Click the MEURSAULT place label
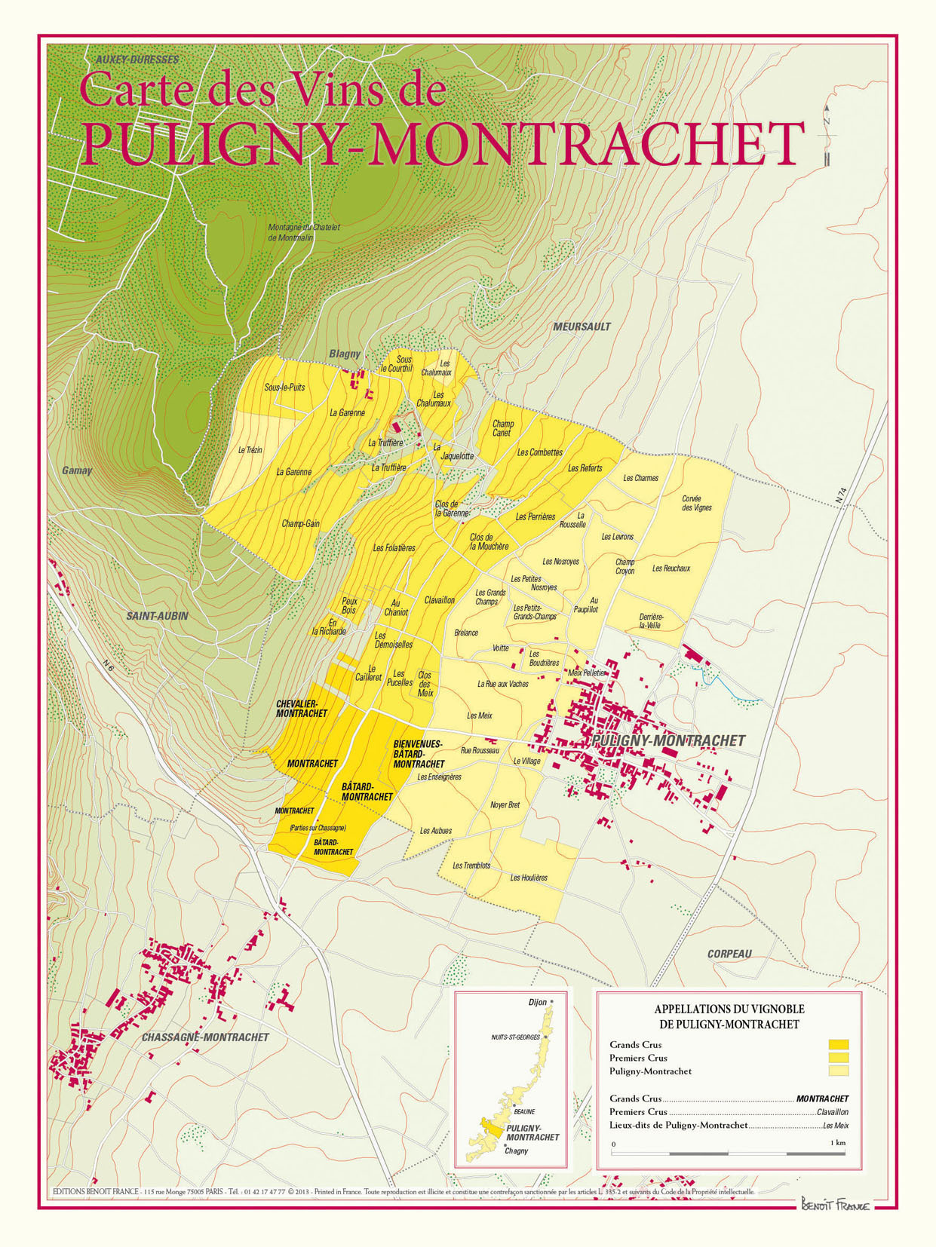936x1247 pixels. click(x=582, y=326)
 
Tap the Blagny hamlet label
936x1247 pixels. click(x=344, y=354)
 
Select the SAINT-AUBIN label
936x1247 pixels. click(x=157, y=616)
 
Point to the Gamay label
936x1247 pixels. click(x=77, y=470)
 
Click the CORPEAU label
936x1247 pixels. click(x=729, y=954)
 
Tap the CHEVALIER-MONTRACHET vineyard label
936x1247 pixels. click(x=302, y=709)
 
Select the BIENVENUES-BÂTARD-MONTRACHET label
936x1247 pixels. click(x=419, y=754)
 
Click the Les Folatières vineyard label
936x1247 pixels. click(x=394, y=548)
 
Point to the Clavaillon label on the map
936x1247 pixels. click(x=439, y=600)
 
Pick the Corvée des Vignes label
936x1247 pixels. click(x=696, y=503)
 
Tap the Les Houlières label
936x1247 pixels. click(x=529, y=878)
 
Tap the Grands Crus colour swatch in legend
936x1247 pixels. click(x=838, y=1045)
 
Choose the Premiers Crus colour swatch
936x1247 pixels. click(x=838, y=1058)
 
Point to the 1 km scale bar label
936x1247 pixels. click(x=837, y=1143)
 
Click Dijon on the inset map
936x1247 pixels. click(x=538, y=1002)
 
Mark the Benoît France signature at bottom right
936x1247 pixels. click(x=834, y=1205)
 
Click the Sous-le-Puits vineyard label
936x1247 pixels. click(x=284, y=388)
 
